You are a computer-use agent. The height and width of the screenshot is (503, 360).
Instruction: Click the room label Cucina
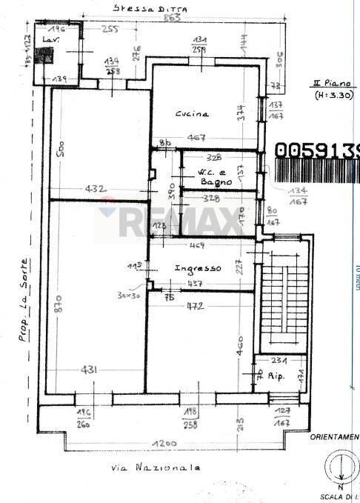pos(192,114)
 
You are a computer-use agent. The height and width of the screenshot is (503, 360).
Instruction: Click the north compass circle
pos(338,469)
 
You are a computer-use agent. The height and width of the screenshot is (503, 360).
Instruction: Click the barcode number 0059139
pos(316,150)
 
